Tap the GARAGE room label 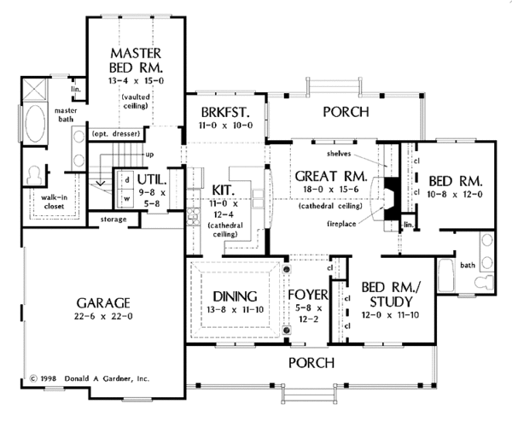point(101,302)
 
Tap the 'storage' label point(113,219)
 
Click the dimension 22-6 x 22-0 point(101,317)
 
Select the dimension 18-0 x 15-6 point(321,192)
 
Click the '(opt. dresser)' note point(113,133)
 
